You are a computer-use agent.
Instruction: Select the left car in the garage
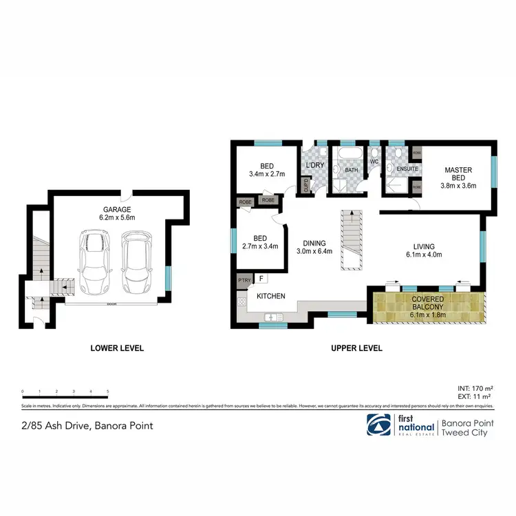click(x=94, y=262)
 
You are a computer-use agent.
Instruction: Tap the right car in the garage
click(x=135, y=262)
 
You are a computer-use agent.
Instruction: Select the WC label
click(x=374, y=162)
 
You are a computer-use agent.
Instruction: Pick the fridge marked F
click(x=261, y=278)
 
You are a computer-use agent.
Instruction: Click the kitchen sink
click(x=273, y=316)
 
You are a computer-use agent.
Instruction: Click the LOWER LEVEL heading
click(x=117, y=348)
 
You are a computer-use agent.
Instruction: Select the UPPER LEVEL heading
click(x=356, y=348)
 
